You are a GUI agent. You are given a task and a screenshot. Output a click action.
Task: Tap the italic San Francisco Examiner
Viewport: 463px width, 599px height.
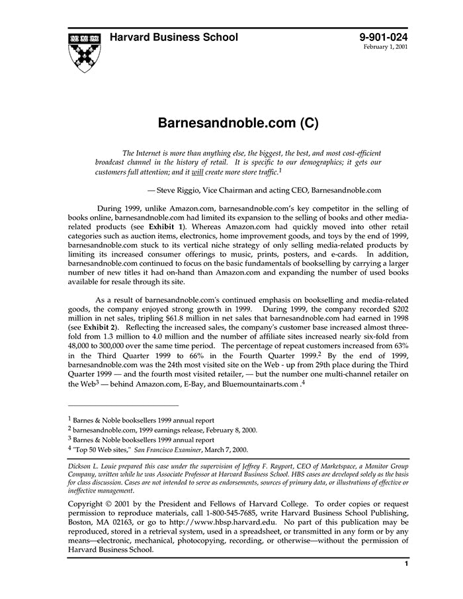[169, 449]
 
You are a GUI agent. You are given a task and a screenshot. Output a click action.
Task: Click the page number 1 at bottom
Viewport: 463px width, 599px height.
[406, 564]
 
